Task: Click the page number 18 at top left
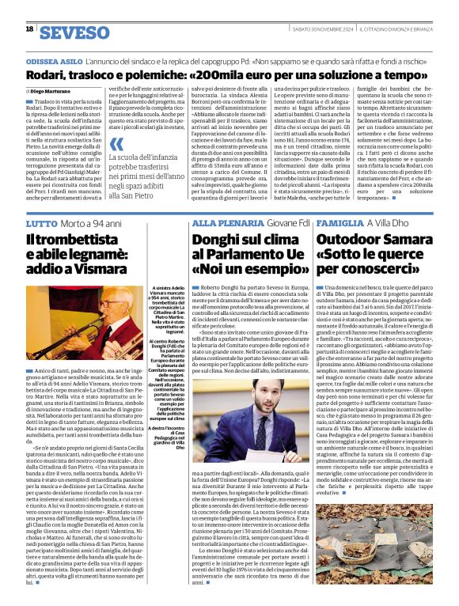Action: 29,29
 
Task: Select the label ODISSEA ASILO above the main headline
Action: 56,60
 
